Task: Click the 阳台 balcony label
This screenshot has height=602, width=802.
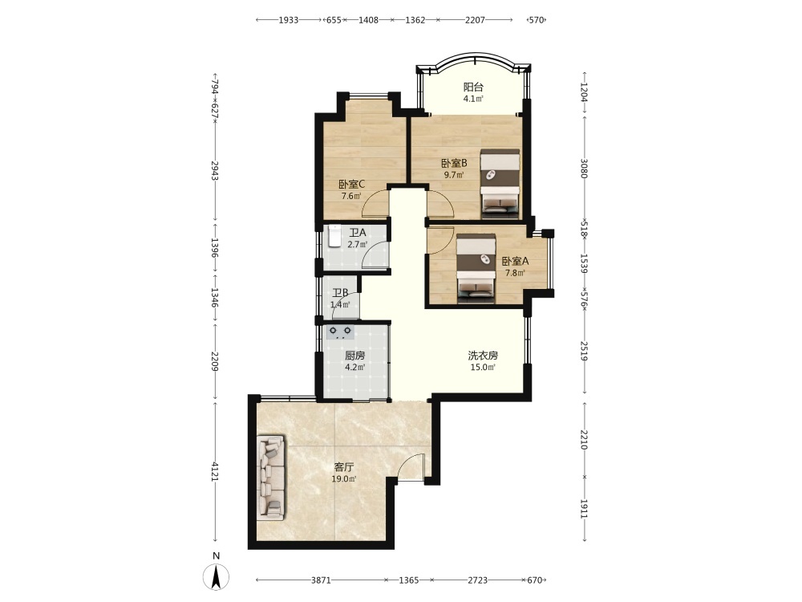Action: [x=473, y=87]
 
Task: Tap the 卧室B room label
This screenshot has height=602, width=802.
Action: [x=454, y=163]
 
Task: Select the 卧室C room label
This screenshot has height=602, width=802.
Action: [x=351, y=185]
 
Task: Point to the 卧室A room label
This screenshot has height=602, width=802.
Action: [x=515, y=261]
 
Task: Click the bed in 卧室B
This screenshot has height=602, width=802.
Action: [x=500, y=181]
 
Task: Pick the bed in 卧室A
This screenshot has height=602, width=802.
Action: [x=476, y=266]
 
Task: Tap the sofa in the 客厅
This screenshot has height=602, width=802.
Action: [x=271, y=477]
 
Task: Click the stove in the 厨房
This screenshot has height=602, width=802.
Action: [x=341, y=332]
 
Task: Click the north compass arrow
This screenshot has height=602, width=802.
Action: [x=217, y=577]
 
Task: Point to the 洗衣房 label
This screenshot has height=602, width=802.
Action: [x=483, y=356]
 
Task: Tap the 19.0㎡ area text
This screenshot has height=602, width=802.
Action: [x=344, y=479]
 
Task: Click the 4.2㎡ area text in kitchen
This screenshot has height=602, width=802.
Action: [x=355, y=367]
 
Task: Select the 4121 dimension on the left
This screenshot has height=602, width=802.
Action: [x=215, y=472]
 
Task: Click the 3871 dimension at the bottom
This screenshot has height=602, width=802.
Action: [x=322, y=580]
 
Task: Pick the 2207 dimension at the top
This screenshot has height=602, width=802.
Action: [x=475, y=20]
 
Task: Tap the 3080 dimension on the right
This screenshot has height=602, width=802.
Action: [x=584, y=168]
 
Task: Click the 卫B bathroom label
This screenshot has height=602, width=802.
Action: [x=340, y=293]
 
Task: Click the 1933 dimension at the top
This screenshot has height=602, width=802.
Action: [x=289, y=20]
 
